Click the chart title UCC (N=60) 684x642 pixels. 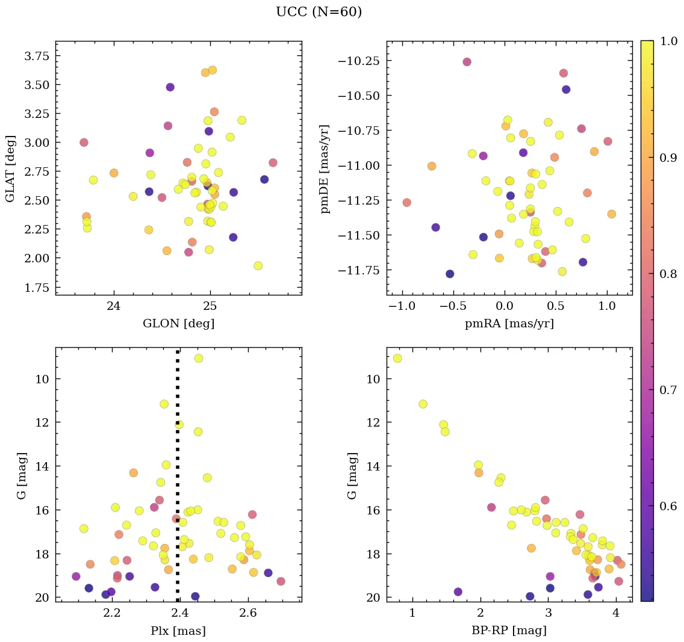[319, 12]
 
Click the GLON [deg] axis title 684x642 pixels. [178, 324]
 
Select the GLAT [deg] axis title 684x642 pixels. [10, 168]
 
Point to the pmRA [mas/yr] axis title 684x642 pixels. [509, 324]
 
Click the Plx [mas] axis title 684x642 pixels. [178, 631]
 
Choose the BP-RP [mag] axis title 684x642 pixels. [509, 631]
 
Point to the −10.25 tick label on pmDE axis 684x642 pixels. [360, 62]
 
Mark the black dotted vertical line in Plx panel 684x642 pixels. [178, 481]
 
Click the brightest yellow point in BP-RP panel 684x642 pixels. [397, 358]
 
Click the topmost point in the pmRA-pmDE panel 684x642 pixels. [467, 62]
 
